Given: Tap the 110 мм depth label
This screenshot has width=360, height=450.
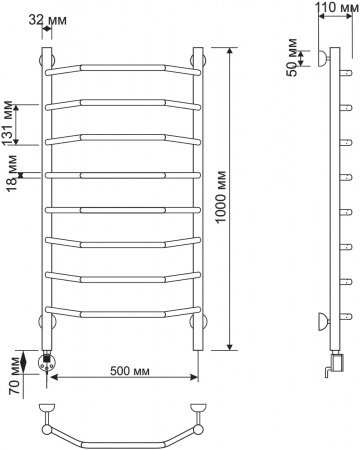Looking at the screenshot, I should tap(327, 8).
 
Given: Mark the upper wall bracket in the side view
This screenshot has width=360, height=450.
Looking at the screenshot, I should tap(319, 59).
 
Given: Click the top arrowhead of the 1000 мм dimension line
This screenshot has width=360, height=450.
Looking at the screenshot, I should tap(232, 51).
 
